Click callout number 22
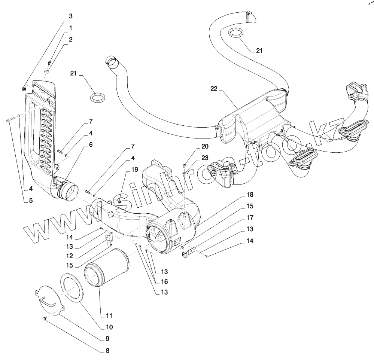coord(214,88)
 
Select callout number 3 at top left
coord(71,16)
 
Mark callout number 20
coord(204,146)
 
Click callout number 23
coord(204,158)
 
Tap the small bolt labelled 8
coord(44,318)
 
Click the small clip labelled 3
coord(24,89)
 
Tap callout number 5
coord(31,201)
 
